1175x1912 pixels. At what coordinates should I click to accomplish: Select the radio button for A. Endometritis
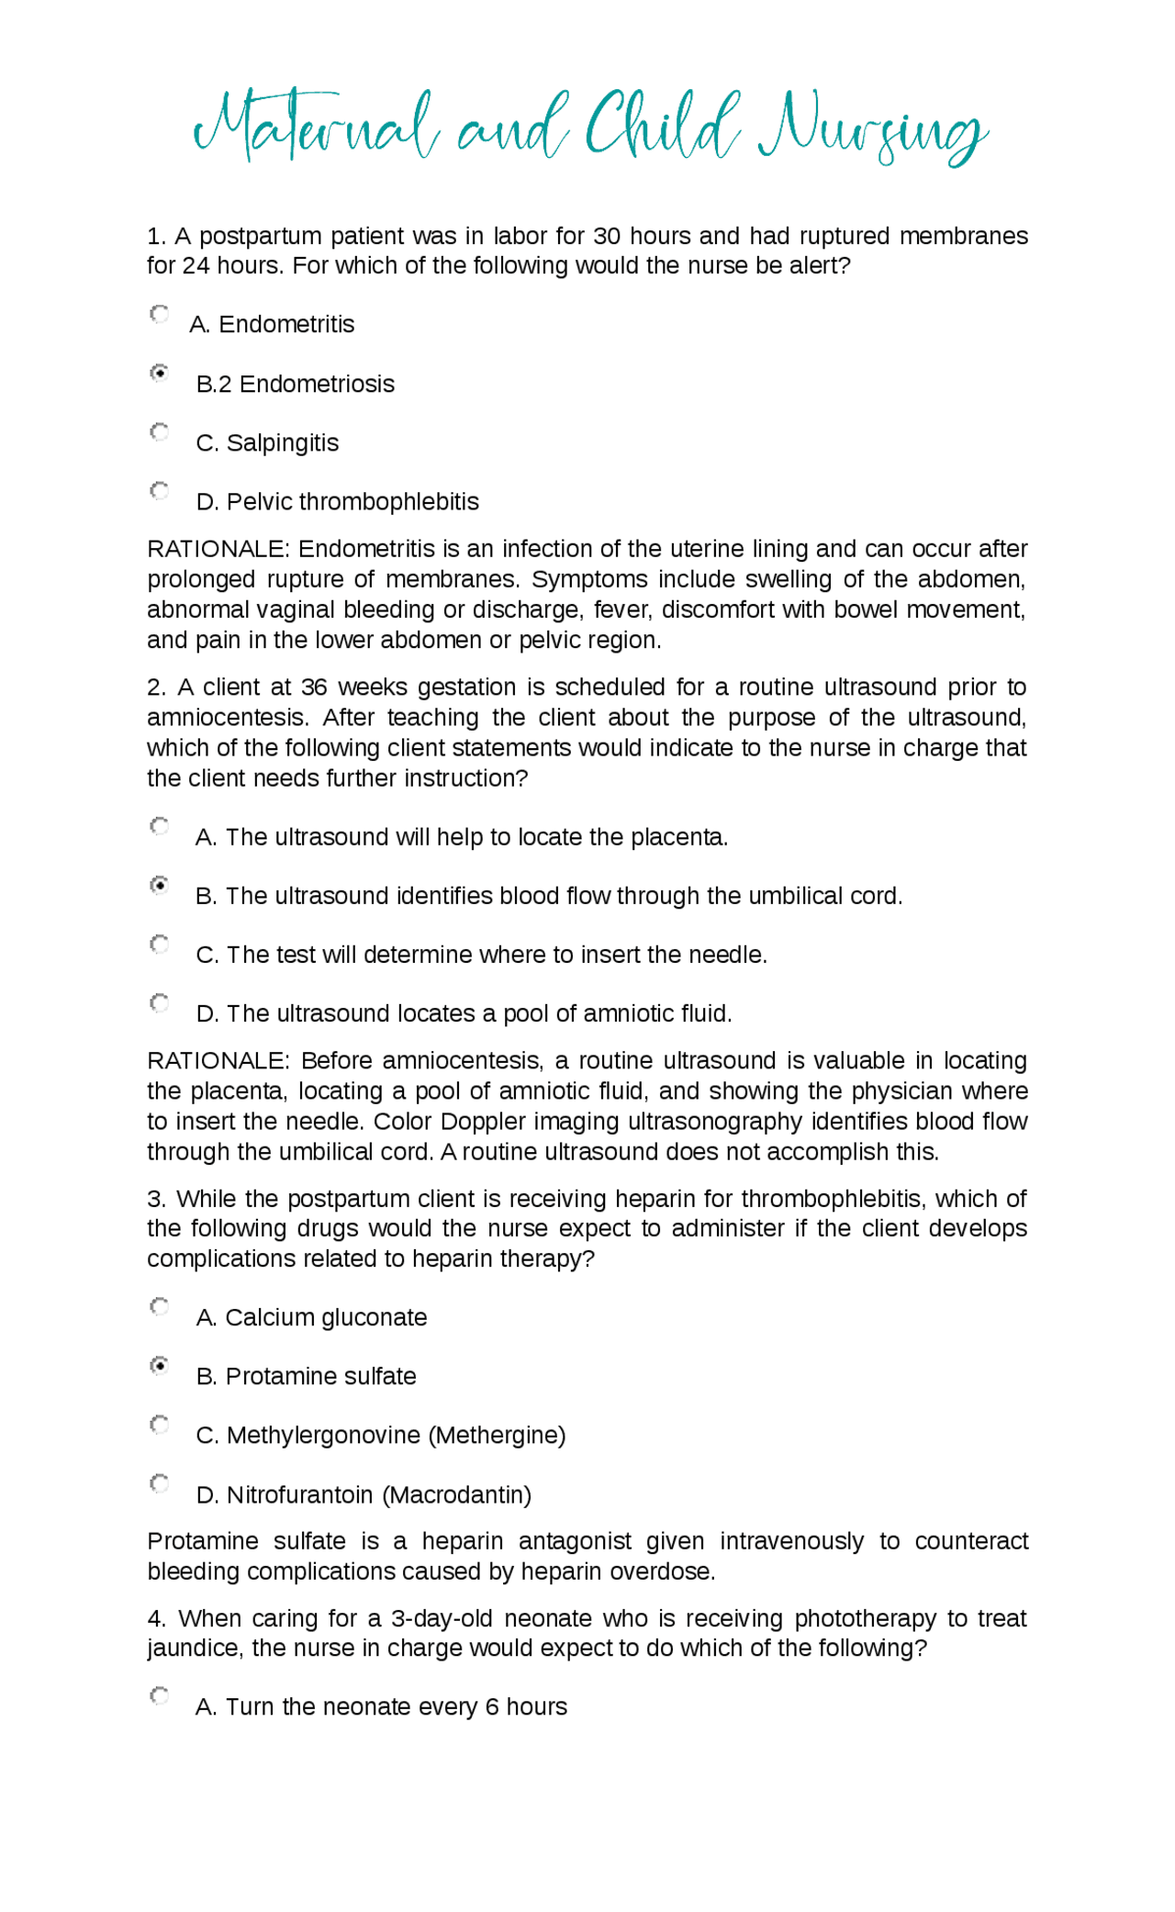click(x=160, y=315)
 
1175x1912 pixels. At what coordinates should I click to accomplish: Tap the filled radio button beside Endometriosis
click(x=160, y=374)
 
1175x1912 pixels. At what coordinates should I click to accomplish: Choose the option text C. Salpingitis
click(x=267, y=443)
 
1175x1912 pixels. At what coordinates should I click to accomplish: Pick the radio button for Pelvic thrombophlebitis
click(x=160, y=491)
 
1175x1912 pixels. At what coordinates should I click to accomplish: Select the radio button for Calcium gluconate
click(x=160, y=1307)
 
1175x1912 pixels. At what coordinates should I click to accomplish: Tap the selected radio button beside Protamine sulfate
click(x=160, y=1366)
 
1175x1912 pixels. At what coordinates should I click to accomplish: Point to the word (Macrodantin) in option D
click(x=457, y=1495)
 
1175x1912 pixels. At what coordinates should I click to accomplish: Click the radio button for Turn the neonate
click(x=160, y=1696)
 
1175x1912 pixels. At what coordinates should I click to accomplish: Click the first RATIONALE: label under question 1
click(x=218, y=549)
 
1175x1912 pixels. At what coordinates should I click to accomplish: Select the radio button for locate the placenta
click(x=160, y=827)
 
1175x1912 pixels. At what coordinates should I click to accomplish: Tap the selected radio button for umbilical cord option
click(x=160, y=886)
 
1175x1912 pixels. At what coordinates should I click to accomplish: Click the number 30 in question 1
click(x=607, y=236)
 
